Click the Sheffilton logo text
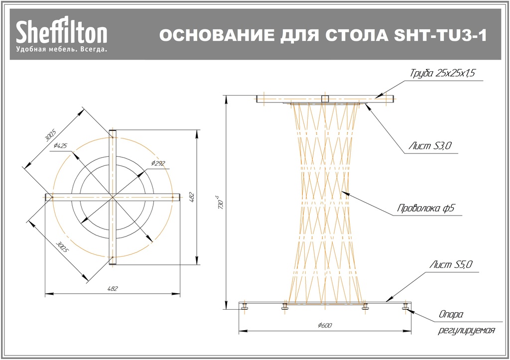62,33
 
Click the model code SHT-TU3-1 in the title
439,36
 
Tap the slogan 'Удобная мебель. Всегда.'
61,50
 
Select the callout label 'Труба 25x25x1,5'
443,74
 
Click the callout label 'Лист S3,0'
429,146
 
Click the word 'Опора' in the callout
451,315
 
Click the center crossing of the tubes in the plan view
113,198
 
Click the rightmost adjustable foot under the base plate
405,308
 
